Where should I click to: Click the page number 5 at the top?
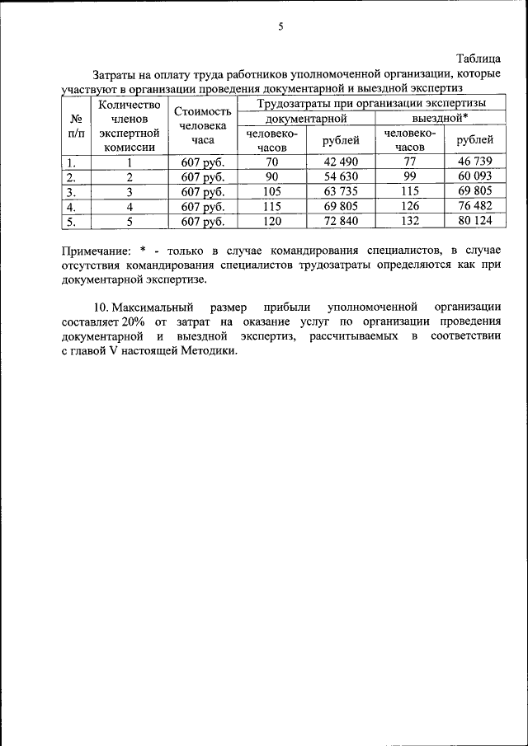coord(280,27)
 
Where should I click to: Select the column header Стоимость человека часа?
coord(202,125)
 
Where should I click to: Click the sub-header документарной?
coord(304,118)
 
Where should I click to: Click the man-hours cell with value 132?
coord(409,221)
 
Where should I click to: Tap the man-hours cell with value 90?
coord(272,176)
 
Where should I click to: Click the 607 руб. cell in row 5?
coord(202,221)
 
